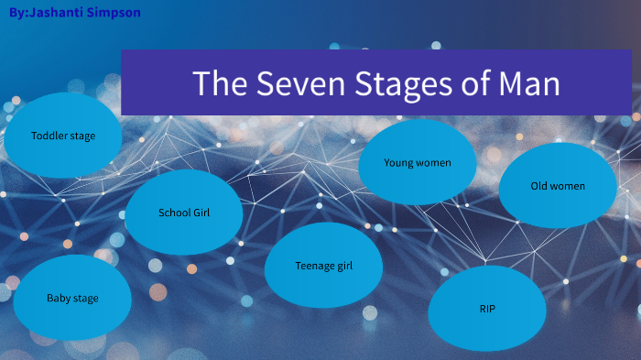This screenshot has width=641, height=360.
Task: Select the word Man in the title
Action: tap(527, 84)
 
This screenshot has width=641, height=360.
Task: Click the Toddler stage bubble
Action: tap(62, 136)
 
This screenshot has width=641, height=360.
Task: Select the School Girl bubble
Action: tap(184, 213)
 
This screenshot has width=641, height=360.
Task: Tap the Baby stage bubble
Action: tap(72, 298)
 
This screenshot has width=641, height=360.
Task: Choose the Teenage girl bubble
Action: tap(323, 266)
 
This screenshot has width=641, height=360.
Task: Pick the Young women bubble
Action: tap(417, 163)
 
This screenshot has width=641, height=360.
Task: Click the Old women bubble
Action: tap(558, 186)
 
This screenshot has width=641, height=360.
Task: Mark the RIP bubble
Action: tap(487, 309)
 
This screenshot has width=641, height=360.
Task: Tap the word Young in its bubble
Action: tap(398, 163)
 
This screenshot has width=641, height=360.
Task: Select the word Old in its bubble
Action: tap(539, 186)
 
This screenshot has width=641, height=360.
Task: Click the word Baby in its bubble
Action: tap(58, 298)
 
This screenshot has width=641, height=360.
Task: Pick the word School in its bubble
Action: tap(173, 213)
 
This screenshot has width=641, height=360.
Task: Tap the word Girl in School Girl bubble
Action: tap(201, 213)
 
